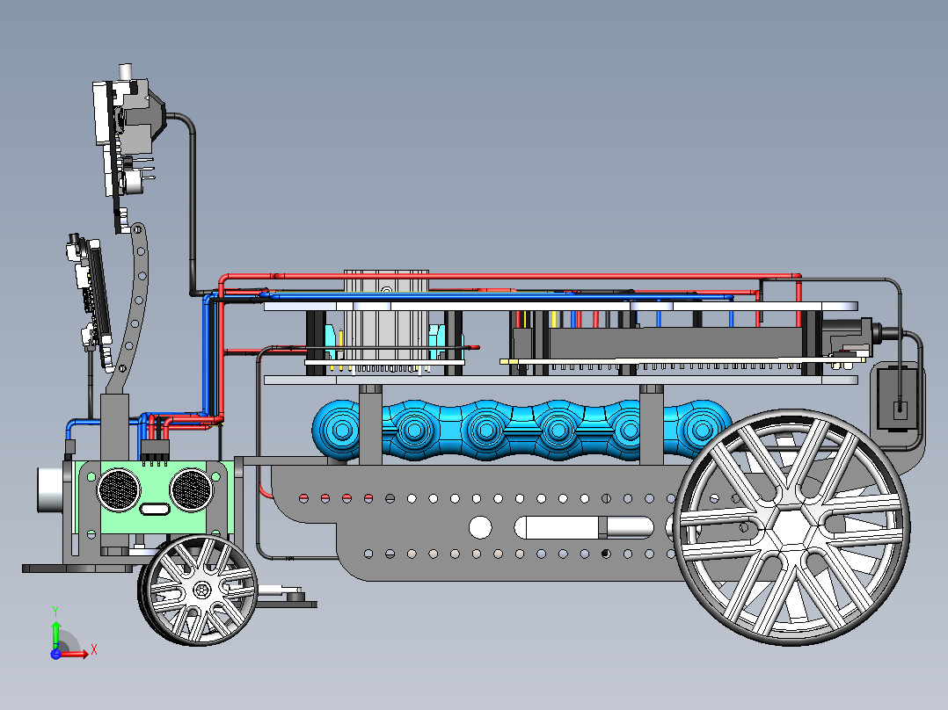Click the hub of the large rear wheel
coord(791,527)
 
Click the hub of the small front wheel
coord(201,589)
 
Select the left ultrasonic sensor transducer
coord(119,489)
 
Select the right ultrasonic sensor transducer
coord(191,489)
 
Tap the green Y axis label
coord(55,612)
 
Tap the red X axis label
coord(94,650)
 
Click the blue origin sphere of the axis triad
coord(55,654)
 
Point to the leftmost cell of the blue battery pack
coord(341,431)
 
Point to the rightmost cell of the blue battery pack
coord(702,429)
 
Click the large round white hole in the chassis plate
coord(481,527)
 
